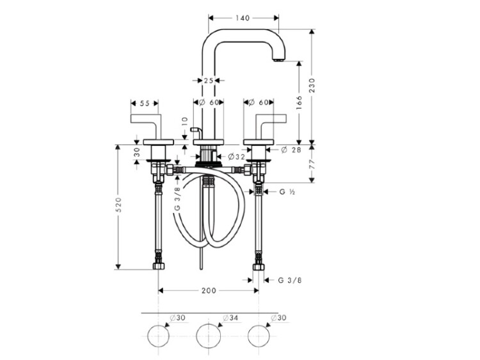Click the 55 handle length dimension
point(144,103)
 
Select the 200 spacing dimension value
point(208,290)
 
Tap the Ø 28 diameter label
point(289,150)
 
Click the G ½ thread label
point(286,191)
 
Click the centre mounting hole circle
point(208,335)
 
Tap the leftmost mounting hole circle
point(158,335)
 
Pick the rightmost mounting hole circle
point(259,335)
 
